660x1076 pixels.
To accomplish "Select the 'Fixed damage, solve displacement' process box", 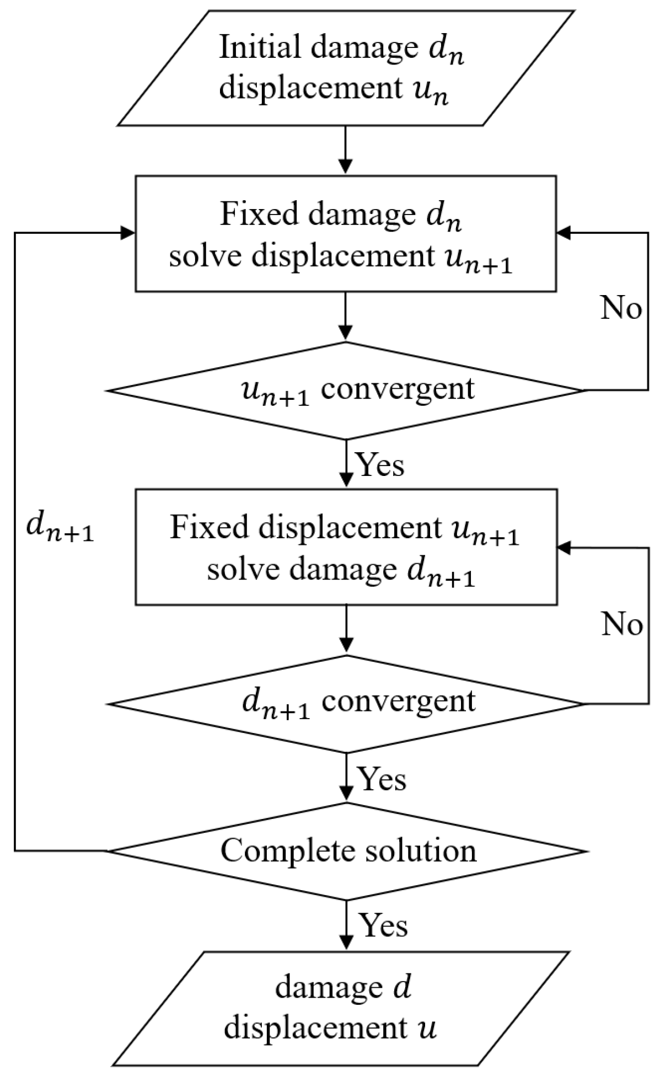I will [346, 234].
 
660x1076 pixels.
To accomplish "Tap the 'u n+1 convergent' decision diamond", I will [346, 390].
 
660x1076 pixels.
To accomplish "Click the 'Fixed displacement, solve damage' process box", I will [346, 547].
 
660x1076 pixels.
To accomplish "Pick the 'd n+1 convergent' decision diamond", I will [346, 704].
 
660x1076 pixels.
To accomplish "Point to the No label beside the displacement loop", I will [621, 309].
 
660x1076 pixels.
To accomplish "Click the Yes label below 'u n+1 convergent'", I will [381, 465].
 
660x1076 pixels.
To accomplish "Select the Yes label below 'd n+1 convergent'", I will [382, 779].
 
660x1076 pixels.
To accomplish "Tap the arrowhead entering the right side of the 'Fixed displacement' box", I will [564, 548].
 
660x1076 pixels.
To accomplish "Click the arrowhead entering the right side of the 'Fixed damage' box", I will [564, 233].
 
